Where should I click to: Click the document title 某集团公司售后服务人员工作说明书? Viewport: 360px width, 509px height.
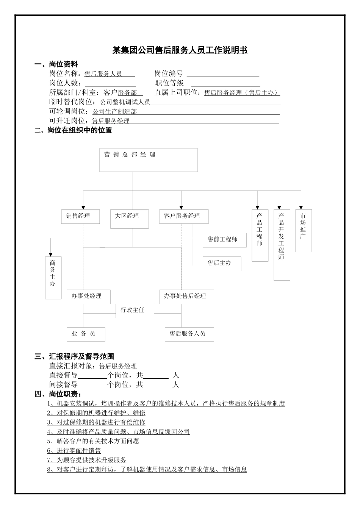[180, 50]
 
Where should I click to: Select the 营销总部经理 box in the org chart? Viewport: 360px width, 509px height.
[149, 160]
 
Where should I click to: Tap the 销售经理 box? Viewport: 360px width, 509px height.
[81, 216]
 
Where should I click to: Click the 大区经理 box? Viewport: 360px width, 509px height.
[129, 219]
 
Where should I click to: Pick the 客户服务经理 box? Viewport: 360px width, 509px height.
[184, 216]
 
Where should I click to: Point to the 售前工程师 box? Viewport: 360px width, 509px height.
[225, 240]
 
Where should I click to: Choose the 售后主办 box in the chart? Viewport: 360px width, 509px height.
[222, 263]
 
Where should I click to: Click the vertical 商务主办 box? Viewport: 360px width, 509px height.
[53, 278]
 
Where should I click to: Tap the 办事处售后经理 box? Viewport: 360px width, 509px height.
[186, 297]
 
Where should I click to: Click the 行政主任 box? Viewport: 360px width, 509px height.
[132, 310]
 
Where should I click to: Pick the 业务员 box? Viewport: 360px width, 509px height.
[86, 334]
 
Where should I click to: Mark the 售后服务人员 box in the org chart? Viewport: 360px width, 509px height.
[189, 334]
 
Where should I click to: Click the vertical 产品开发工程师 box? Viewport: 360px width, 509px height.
[282, 245]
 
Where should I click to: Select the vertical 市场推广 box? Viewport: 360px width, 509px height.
[304, 231]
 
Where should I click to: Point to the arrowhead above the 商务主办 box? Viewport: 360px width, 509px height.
[50, 254]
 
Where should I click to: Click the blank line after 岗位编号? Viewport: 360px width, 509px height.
[223, 74]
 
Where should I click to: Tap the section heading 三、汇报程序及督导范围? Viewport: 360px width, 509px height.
[74, 356]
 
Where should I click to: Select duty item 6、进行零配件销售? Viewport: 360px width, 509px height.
[74, 451]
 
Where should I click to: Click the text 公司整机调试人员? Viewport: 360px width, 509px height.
[125, 102]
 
